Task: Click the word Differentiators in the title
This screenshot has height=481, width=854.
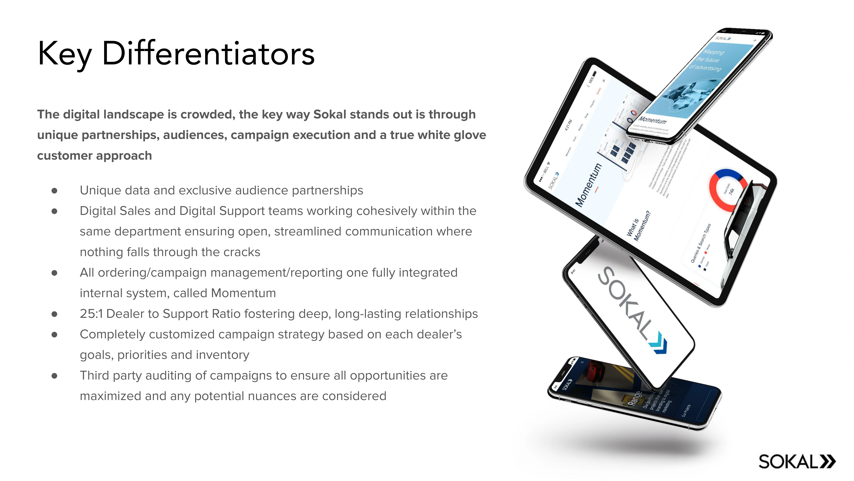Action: point(208,53)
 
